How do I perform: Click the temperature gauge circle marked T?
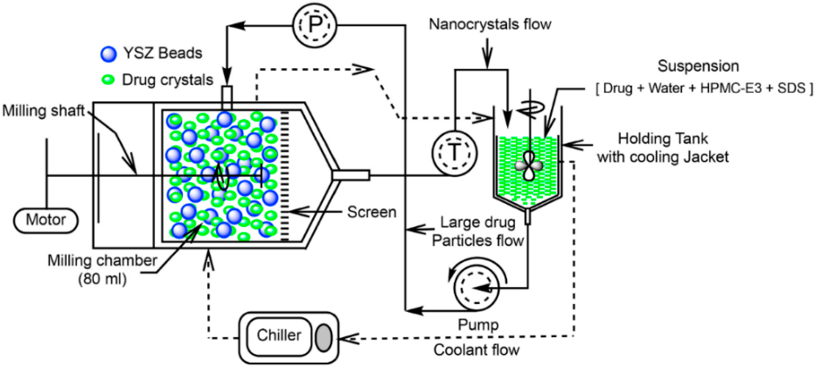(x=454, y=153)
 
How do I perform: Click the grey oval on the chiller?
(x=323, y=338)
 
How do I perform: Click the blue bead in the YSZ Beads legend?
(x=108, y=54)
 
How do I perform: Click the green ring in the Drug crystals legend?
(x=108, y=80)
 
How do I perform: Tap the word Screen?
(x=371, y=212)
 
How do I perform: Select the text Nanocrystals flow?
(x=490, y=24)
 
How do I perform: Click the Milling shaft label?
(x=43, y=111)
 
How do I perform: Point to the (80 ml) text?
(x=102, y=279)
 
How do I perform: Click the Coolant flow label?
(x=476, y=350)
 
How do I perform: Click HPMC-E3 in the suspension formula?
(x=730, y=88)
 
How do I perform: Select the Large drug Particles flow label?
(x=478, y=232)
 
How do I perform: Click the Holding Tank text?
(x=663, y=139)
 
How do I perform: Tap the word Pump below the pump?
(x=478, y=325)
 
